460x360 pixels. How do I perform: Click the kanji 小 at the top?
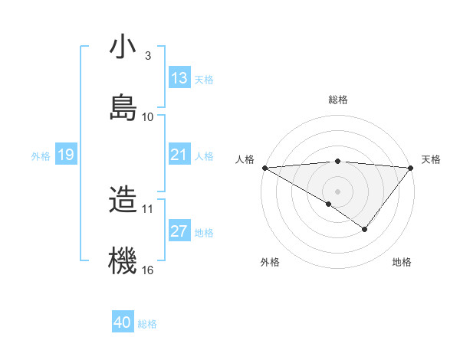click(x=123, y=47)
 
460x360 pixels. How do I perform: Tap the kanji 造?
click(x=123, y=200)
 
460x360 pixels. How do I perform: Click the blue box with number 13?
click(x=179, y=78)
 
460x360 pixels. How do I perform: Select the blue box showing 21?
click(x=179, y=155)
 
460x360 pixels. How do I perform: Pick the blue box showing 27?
click(x=179, y=231)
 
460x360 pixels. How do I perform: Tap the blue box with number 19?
click(x=66, y=155)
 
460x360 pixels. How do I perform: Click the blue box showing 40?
click(x=123, y=322)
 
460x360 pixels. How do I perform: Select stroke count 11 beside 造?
click(x=148, y=208)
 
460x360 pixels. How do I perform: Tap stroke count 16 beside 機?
click(x=148, y=270)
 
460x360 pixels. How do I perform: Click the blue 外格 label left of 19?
click(x=41, y=155)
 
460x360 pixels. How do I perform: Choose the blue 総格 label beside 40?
click(x=147, y=323)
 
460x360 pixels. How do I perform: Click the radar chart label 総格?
click(x=337, y=100)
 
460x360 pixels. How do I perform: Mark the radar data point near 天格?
click(x=411, y=167)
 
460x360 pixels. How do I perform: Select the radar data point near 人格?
click(x=264, y=167)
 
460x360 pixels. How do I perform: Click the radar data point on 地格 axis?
click(x=365, y=229)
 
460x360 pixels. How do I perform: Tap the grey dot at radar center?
click(x=337, y=191)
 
